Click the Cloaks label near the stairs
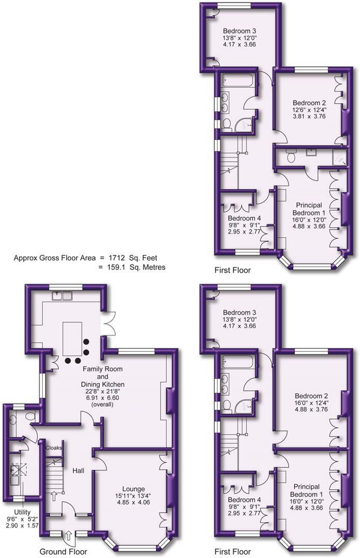(54, 447)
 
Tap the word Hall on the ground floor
(78, 471)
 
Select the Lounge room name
(133, 489)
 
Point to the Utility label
(15, 511)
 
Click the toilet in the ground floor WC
(30, 416)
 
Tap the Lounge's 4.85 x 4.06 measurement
(133, 502)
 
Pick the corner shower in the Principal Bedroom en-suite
(339, 157)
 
